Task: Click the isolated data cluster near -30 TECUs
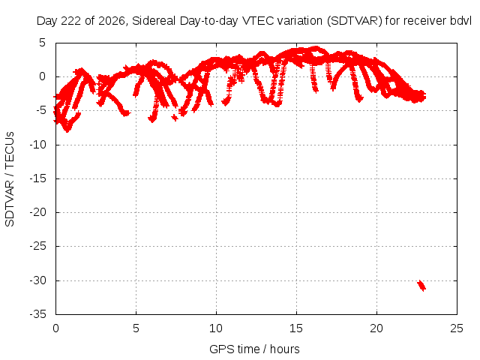click(421, 286)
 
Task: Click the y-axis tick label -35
click(38, 314)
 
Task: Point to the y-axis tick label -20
click(38, 212)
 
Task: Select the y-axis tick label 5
click(42, 43)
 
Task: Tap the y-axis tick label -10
click(38, 145)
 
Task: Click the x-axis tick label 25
click(457, 328)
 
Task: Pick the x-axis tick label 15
click(296, 328)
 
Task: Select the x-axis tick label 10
click(216, 328)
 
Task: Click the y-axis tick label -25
click(38, 246)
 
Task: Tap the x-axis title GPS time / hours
click(254, 349)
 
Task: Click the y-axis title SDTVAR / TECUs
click(10, 179)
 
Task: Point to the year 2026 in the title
click(113, 21)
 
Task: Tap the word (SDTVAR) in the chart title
click(355, 21)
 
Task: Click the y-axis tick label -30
click(38, 280)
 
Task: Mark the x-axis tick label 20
click(376, 328)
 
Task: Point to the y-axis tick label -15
click(38, 178)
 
